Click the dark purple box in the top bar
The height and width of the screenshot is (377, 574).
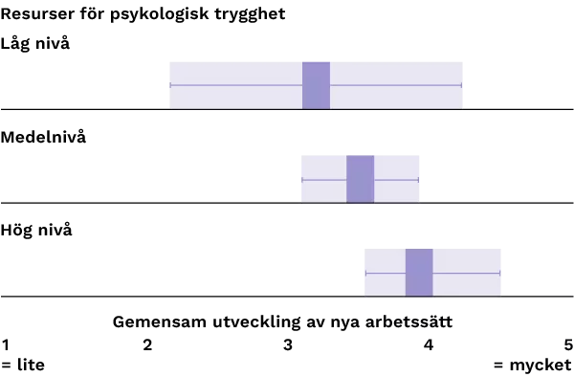[x=316, y=85]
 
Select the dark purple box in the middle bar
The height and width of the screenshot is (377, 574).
[x=360, y=179]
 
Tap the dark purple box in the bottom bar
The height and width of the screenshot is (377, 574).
[x=419, y=272]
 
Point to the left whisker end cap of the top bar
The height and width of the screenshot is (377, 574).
[x=170, y=85]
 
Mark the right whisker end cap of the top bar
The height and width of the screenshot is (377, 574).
[x=462, y=85]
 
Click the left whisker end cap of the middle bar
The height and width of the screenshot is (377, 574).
[x=301, y=179]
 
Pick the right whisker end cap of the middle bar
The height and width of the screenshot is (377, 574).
[x=418, y=179]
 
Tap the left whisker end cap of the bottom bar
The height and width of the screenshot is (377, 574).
[x=364, y=273]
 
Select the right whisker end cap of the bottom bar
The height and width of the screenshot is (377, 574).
[x=500, y=273]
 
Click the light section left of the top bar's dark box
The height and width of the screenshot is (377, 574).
[x=235, y=75]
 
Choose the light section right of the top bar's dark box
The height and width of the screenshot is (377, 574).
[x=398, y=75]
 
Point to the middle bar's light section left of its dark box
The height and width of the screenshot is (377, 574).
[x=322, y=167]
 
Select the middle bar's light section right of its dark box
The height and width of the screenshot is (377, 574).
[x=397, y=167]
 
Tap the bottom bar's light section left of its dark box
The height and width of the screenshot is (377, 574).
[x=383, y=260]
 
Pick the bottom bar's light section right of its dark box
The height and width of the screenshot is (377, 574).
[x=469, y=260]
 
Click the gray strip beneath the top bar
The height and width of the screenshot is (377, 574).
[x=317, y=112]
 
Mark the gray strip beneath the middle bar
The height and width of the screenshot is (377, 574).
[x=359, y=204]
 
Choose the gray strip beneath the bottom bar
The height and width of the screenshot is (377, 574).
[x=431, y=297]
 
